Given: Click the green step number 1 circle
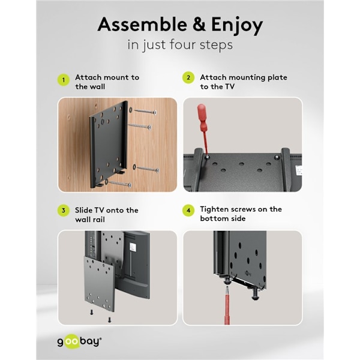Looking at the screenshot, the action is click(64, 80).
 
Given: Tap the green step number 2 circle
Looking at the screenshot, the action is click(188, 77).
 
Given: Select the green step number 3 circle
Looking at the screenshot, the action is click(64, 211).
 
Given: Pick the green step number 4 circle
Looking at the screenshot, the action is click(188, 211).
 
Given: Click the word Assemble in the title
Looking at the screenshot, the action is click(142, 25).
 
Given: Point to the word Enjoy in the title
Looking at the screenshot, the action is click(237, 26).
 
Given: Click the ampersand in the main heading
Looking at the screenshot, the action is click(199, 25).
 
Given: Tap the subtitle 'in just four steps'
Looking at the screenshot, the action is click(180, 45).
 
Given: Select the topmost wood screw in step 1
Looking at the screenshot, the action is click(145, 112).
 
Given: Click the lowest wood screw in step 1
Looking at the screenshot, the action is click(120, 184).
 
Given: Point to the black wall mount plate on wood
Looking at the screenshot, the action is click(109, 144).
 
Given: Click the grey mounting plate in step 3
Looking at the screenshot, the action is click(99, 284).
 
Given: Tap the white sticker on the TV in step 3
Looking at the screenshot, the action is click(133, 247).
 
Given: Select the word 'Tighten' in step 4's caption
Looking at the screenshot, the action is click(214, 210).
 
